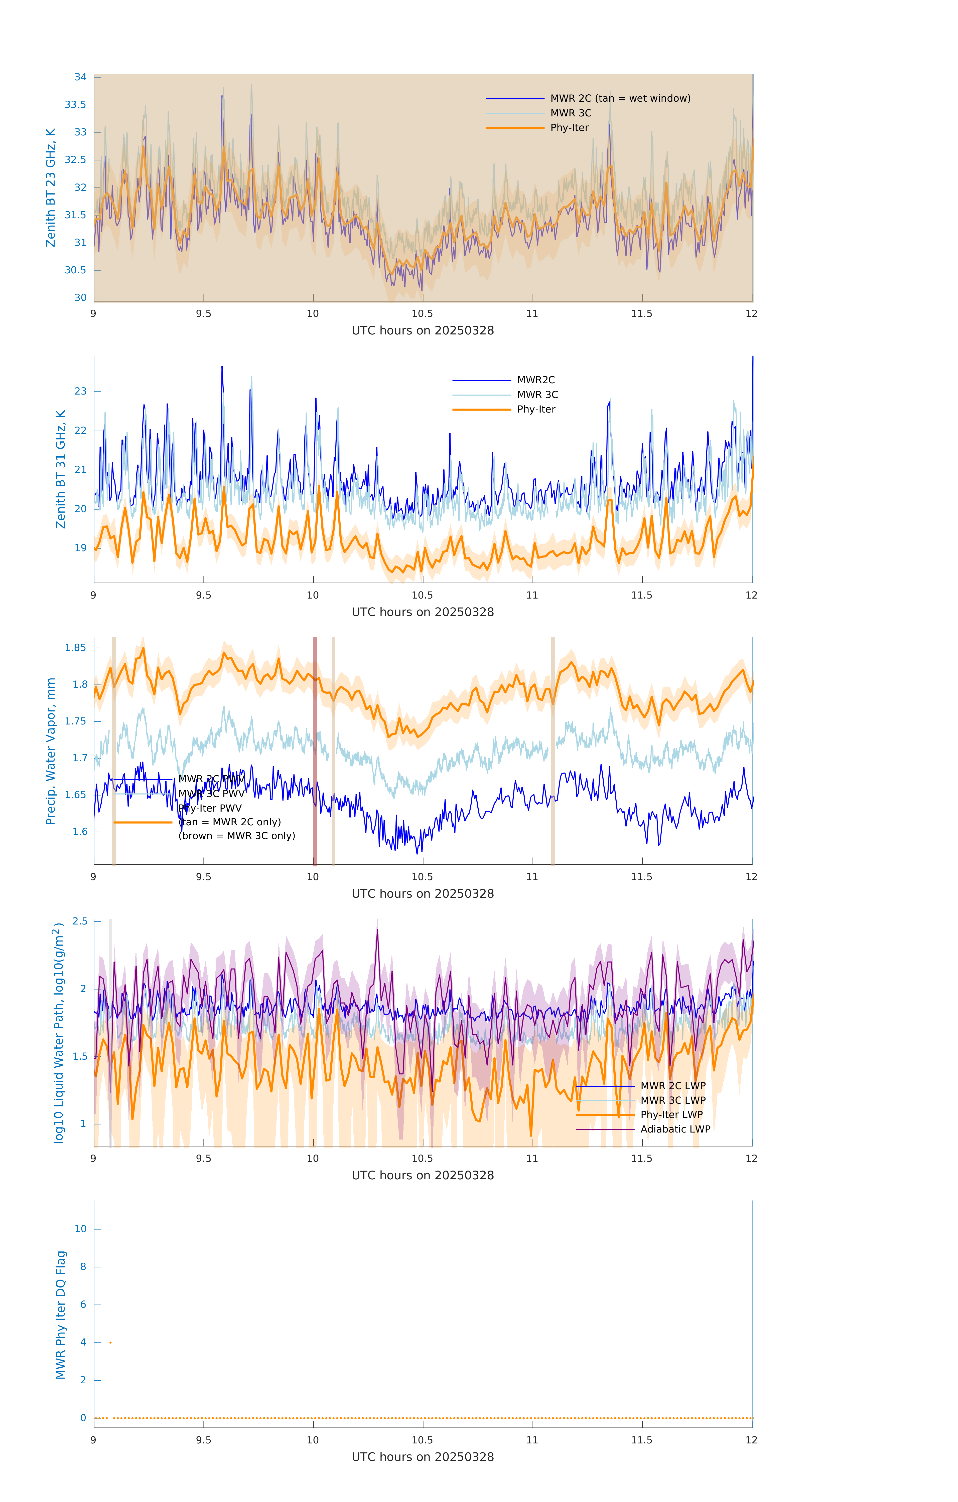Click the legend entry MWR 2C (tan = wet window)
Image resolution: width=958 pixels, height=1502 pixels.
(x=620, y=99)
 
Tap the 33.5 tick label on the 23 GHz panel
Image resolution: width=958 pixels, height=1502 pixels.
(x=76, y=105)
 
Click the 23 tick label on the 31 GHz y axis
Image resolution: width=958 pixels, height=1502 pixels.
(x=80, y=392)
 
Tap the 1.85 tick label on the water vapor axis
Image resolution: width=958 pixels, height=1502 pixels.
(x=76, y=648)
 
